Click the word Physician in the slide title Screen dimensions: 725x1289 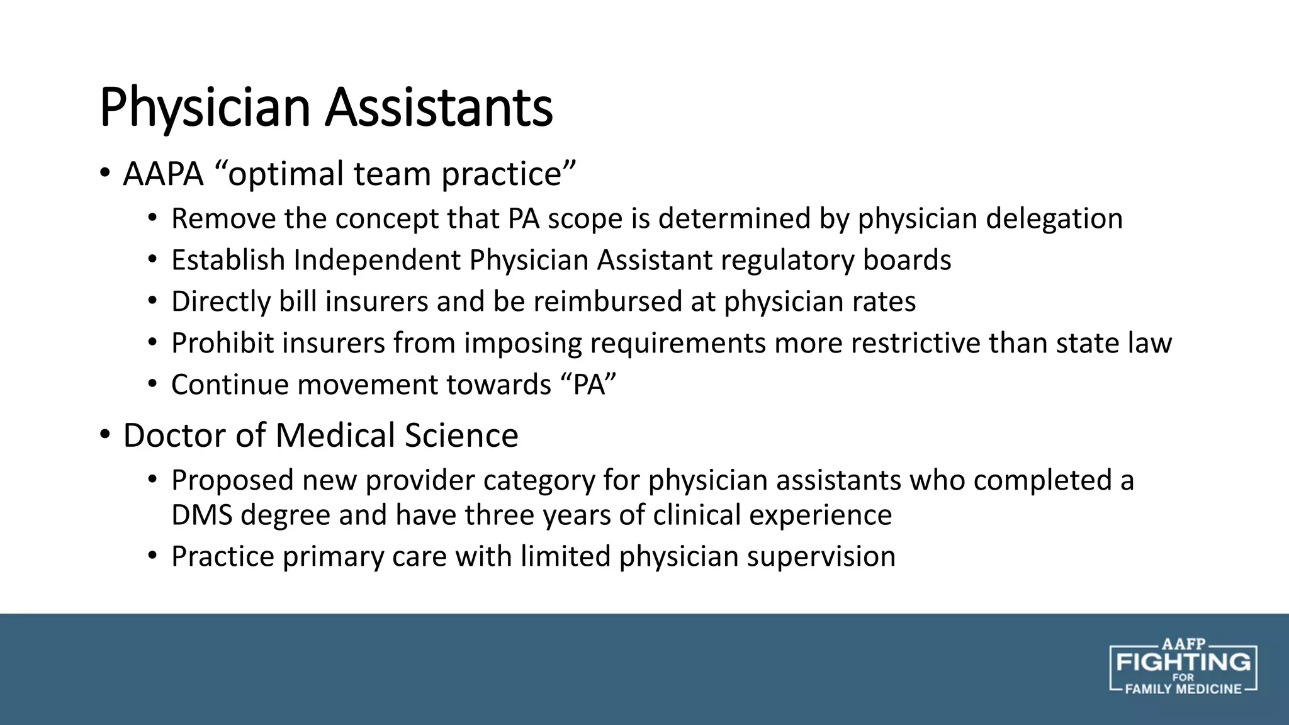click(x=205, y=108)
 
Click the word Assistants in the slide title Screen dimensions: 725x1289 click(x=439, y=108)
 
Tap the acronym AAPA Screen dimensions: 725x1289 click(x=164, y=174)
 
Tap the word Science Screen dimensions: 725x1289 click(x=461, y=436)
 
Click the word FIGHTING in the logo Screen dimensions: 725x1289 click(x=1183, y=662)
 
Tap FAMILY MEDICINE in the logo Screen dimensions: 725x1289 click(x=1183, y=689)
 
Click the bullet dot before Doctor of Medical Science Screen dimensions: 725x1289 click(x=104, y=434)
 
